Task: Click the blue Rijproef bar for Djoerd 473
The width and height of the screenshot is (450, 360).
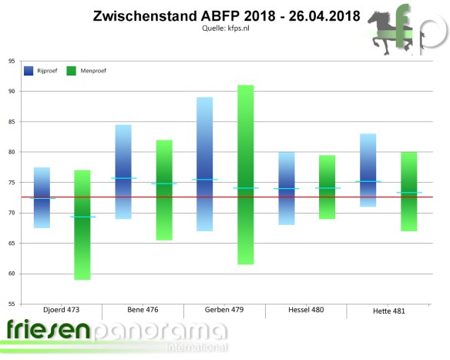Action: (42, 197)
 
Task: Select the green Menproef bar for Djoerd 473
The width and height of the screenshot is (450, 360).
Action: (82, 224)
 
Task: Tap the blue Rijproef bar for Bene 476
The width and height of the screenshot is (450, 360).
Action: (123, 171)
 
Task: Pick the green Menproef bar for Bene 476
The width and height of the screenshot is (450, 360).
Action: (163, 190)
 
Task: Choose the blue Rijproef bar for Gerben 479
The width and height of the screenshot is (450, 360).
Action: (205, 163)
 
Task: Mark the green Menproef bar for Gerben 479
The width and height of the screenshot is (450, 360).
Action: (246, 174)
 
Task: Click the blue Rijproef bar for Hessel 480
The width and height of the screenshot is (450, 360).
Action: (286, 188)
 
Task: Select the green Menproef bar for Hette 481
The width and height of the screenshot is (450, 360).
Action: (408, 191)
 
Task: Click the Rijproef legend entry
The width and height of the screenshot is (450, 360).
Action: (40, 71)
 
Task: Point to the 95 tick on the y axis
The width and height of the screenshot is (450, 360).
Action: (11, 61)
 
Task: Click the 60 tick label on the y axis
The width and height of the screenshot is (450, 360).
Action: (11, 274)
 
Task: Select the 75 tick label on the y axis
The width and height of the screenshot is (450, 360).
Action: (11, 183)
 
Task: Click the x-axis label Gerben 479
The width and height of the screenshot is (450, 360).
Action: (225, 310)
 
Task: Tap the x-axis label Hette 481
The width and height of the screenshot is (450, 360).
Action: (388, 311)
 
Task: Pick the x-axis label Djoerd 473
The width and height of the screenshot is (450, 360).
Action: (62, 310)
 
